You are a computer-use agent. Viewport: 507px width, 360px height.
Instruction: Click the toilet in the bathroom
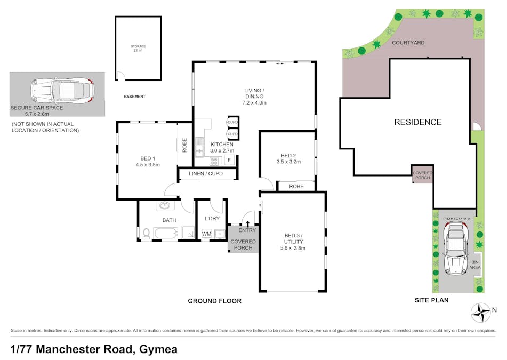146,233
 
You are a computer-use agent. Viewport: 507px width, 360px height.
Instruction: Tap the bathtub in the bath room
166,233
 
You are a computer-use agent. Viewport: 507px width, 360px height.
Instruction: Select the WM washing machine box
206,234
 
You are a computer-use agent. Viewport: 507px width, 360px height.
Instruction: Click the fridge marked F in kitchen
229,159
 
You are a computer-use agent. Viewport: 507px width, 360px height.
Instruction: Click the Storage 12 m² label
138,48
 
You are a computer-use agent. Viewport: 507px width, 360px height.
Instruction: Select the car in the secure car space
61,90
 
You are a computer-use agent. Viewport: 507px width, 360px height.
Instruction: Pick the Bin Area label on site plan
475,265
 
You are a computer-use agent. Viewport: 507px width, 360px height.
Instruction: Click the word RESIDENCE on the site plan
417,122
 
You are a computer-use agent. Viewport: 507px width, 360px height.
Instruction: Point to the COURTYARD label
408,42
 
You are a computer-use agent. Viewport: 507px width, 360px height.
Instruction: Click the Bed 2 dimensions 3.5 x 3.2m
288,162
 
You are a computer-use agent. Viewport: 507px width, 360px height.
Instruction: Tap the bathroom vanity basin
165,206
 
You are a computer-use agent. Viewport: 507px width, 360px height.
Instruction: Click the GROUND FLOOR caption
214,301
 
